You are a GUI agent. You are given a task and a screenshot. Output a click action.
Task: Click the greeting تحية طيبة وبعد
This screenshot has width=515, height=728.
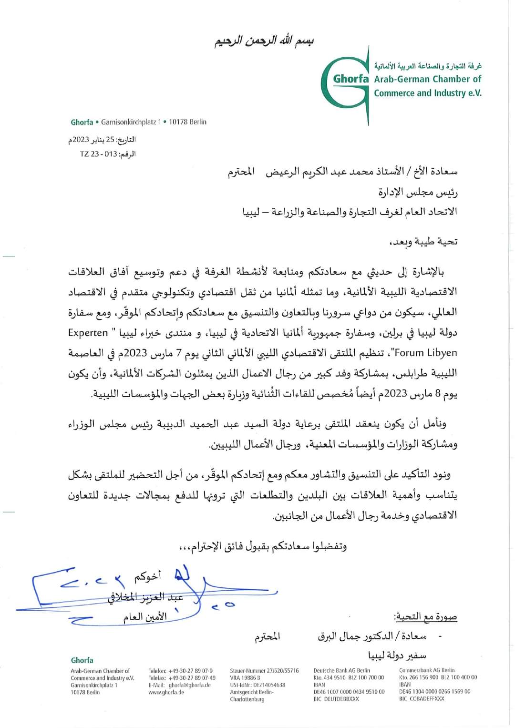pos(423,241)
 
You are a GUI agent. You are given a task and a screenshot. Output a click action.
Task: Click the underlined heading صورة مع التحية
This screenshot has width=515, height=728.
pos(425,617)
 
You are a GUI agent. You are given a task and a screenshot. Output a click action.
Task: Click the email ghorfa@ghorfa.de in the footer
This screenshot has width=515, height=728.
pos(189,685)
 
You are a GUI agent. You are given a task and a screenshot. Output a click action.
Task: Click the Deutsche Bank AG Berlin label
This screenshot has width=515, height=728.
pos(341,671)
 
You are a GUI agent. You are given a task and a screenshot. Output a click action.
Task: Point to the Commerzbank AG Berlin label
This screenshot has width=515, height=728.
pos(427,670)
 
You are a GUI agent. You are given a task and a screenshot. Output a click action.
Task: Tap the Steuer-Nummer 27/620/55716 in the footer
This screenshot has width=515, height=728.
pos(264,671)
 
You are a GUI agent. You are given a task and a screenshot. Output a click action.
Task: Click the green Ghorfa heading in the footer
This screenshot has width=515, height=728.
pos(82,660)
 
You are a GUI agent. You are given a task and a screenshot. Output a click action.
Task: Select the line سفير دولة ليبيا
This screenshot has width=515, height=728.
pos(397,655)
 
